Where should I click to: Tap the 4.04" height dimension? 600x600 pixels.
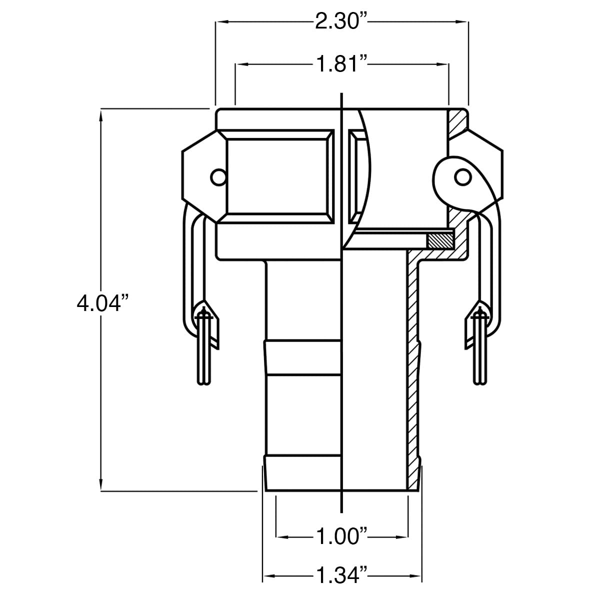[x=100, y=303]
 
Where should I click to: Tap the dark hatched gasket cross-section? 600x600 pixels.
[x=439, y=240]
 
